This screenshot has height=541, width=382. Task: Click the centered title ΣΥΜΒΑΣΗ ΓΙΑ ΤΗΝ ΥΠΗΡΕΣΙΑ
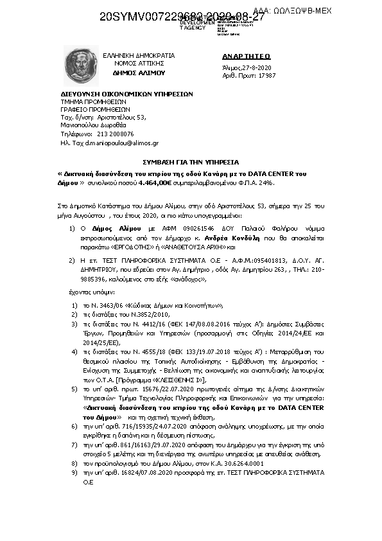click(x=191, y=163)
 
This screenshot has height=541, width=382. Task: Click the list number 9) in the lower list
click(x=74, y=472)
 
